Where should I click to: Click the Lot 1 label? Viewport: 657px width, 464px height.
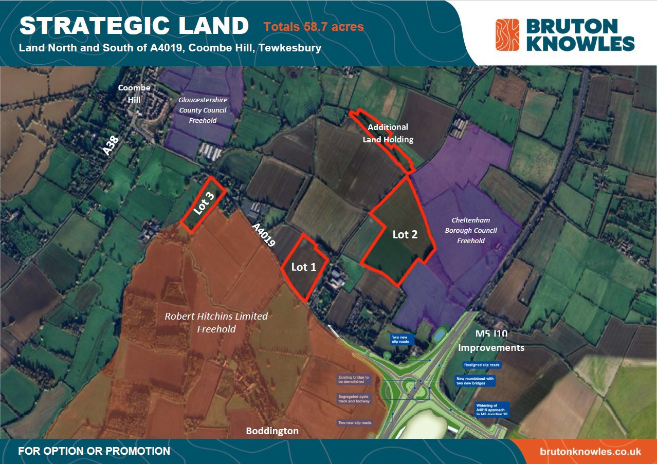tap(303, 267)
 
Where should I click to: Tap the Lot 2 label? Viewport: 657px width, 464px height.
tap(405, 234)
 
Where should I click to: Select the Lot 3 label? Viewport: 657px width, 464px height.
tap(204, 203)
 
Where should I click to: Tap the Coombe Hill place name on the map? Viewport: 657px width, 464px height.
tap(134, 93)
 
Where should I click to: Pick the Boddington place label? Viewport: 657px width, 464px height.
tap(272, 431)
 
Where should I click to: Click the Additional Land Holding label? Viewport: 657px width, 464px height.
tap(388, 133)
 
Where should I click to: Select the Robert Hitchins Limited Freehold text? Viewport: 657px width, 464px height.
tap(216, 322)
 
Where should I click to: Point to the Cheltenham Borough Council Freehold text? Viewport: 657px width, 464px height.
tap(470, 230)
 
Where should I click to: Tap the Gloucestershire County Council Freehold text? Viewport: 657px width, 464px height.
tap(203, 110)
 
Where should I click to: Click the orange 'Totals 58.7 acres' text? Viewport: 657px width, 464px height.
tap(314, 26)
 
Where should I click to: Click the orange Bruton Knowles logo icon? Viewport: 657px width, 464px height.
tap(507, 35)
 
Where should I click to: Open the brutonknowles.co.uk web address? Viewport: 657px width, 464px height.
tap(591, 452)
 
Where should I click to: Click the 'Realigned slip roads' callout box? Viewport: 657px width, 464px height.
tap(481, 365)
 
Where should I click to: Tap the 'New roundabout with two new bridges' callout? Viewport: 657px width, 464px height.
tap(475, 381)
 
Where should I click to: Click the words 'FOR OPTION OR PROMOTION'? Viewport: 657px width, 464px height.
tap(94, 452)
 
